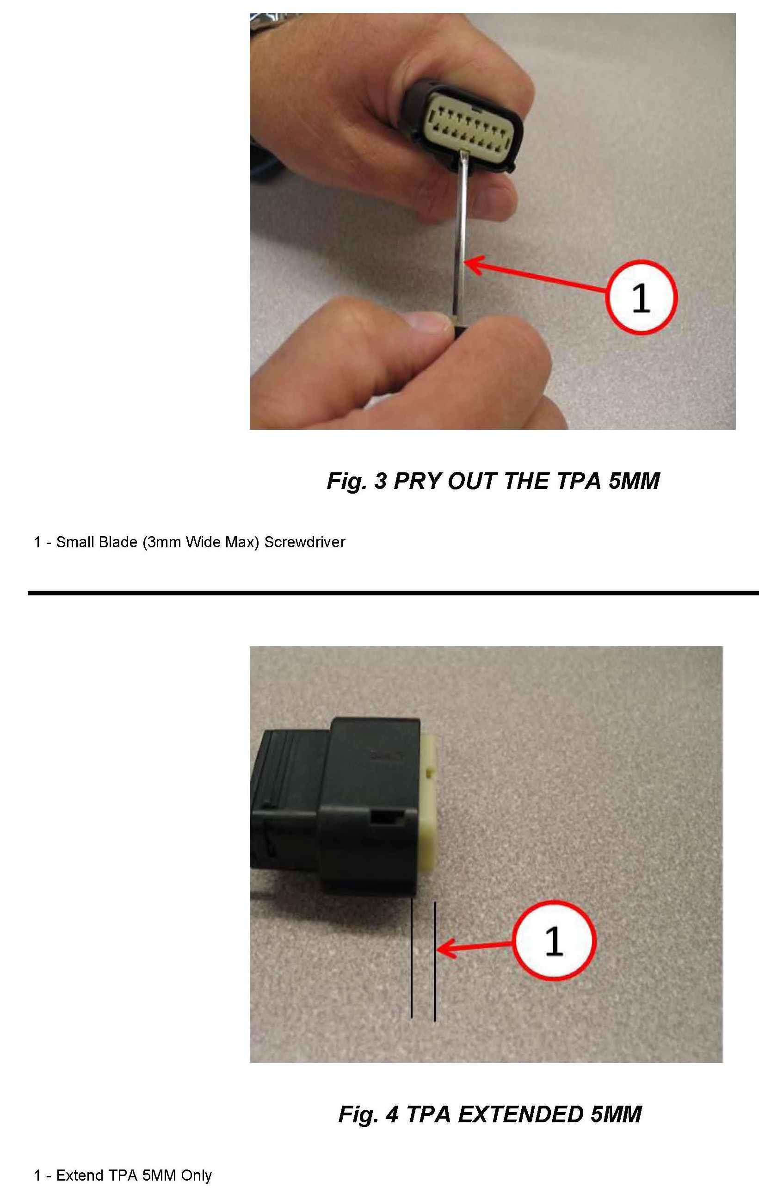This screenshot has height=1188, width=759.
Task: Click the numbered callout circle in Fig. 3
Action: [x=641, y=297]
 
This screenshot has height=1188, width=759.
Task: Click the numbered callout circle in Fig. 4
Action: [x=554, y=940]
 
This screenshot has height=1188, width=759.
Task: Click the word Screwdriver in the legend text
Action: [x=304, y=542]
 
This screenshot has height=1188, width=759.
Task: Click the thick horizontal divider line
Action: [x=393, y=593]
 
